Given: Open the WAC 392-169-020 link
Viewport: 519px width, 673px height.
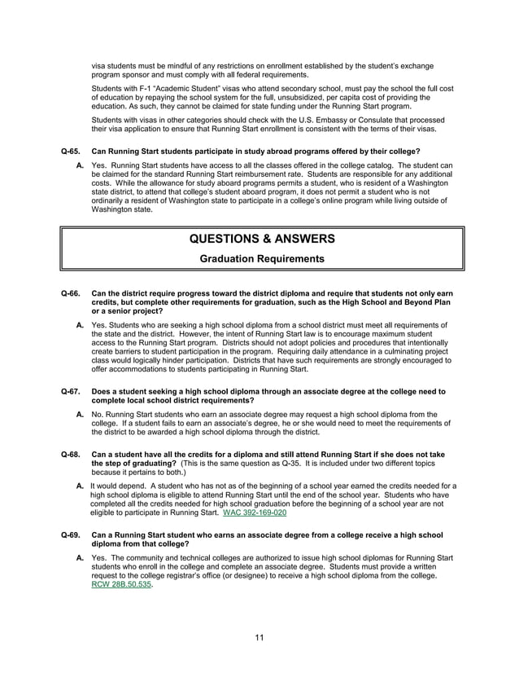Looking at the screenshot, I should coord(254,513).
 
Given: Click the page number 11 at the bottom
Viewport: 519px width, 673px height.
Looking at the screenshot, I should coord(259,636).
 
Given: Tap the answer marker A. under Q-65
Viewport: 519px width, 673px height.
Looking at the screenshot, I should coord(81,166).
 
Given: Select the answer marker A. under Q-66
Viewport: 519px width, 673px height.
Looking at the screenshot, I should coord(81,325).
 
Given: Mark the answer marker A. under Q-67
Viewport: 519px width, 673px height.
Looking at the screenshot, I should coord(81,414).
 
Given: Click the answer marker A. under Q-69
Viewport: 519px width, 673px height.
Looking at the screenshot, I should coord(81,557).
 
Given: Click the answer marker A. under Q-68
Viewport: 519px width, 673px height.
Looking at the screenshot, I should coord(81,486).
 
